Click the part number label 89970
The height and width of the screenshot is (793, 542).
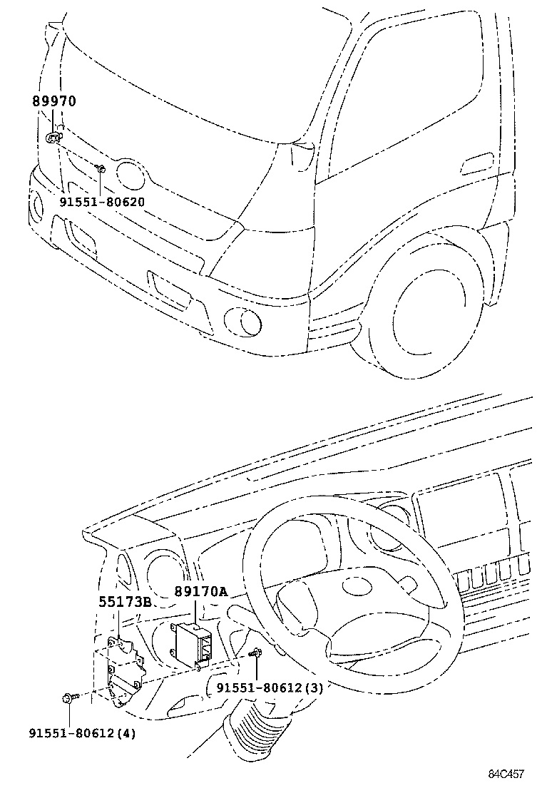click(53, 102)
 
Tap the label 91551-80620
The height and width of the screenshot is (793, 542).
click(101, 202)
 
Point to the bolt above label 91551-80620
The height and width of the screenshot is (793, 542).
click(101, 168)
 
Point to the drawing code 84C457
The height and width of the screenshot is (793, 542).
click(506, 774)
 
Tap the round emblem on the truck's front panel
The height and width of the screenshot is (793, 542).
click(129, 175)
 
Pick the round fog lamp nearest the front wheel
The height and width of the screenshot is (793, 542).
click(240, 321)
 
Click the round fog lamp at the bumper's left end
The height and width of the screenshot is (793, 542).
click(36, 203)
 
